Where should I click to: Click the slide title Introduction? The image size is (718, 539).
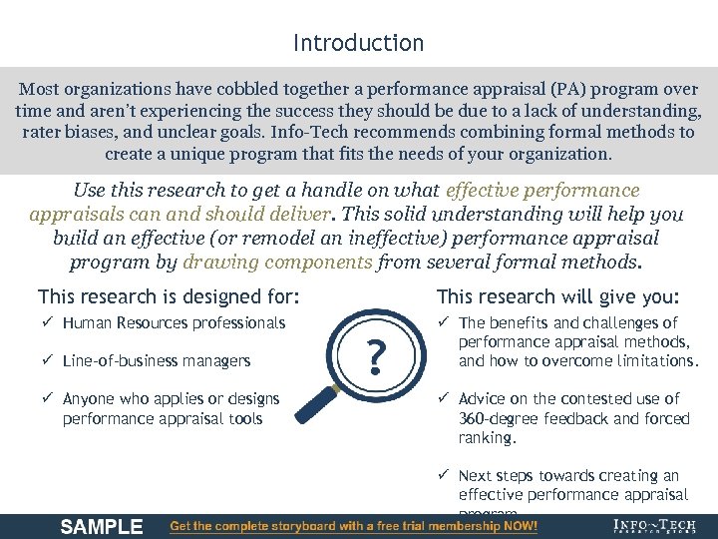(358, 43)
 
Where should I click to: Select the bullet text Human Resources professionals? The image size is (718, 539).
(174, 322)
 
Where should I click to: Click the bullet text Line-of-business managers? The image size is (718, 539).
(156, 360)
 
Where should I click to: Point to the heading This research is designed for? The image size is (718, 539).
(169, 296)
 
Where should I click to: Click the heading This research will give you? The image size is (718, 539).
(558, 296)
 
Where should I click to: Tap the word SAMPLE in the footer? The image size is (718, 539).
(102, 526)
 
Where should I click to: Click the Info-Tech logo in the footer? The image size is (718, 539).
(654, 526)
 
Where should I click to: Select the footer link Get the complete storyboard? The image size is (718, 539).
(354, 526)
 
